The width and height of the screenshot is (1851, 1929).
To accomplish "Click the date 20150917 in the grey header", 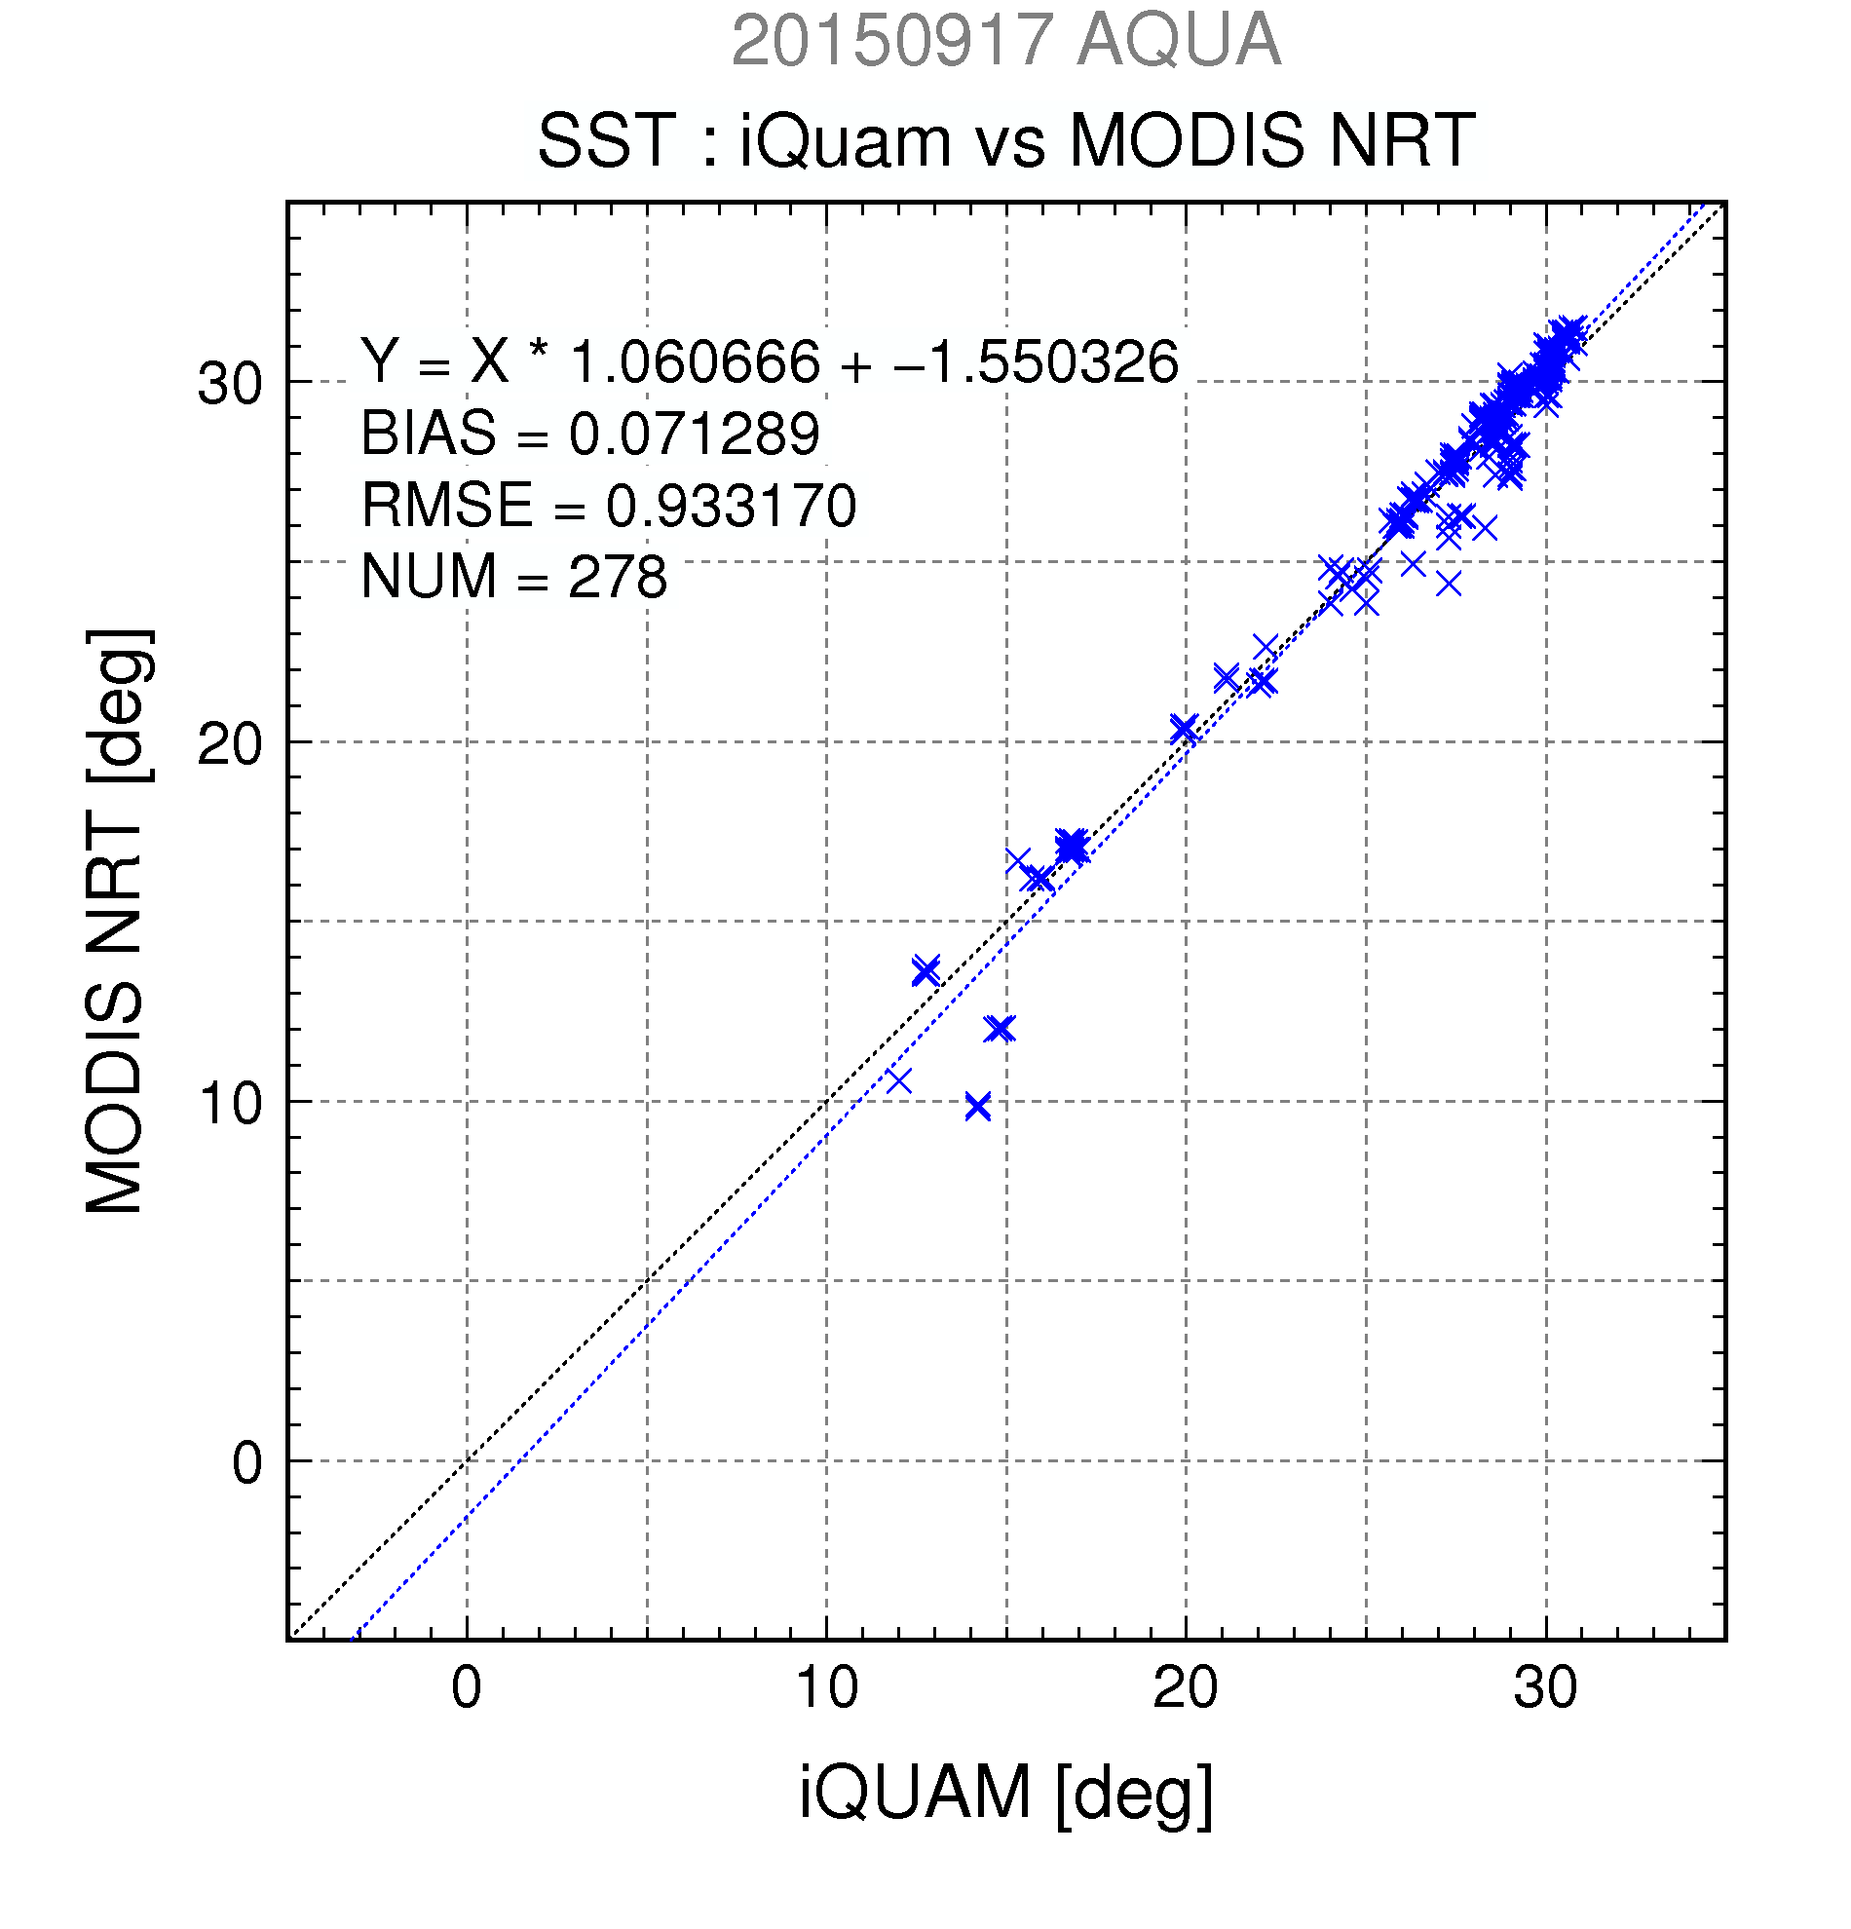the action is click(892, 41).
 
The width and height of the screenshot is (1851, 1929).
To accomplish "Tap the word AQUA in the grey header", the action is click(1179, 41).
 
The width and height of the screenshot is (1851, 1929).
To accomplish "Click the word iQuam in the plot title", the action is click(846, 140).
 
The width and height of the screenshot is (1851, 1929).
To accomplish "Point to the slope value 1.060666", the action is click(695, 361).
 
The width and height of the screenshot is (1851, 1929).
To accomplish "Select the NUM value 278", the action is click(617, 577).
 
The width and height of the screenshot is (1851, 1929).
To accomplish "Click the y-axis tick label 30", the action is click(230, 384).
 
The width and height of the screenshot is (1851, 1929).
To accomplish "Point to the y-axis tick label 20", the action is click(230, 744).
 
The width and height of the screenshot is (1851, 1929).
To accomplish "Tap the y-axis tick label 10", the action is click(230, 1104).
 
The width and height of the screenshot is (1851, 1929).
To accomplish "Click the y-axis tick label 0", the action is click(248, 1463).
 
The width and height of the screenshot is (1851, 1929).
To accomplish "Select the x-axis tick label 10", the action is click(826, 1689).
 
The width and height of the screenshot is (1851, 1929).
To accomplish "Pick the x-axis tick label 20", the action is click(1186, 1689).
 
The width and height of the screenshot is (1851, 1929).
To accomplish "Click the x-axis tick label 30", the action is click(1546, 1689).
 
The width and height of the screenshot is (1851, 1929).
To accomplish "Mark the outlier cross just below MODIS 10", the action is click(977, 1107).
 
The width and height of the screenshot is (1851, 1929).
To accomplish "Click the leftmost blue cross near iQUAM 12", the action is click(898, 1080).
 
